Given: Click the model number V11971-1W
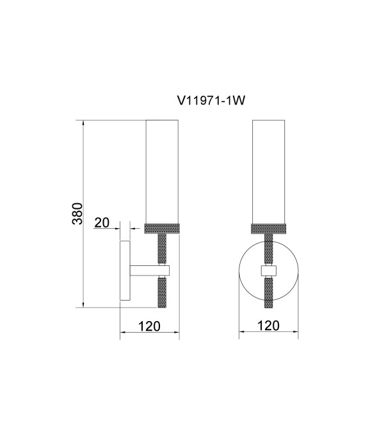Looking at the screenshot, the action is coord(211,101).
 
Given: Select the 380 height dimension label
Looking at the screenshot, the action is coord(77,213).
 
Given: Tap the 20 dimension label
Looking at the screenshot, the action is coord(102,222).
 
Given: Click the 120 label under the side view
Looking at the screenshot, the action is coord(149,326).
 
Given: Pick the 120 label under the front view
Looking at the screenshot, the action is coord(268,326).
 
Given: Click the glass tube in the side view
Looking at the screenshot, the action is coord(162,172).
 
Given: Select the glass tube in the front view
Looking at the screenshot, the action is coord(268,172).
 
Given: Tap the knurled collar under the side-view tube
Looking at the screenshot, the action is coord(162,229).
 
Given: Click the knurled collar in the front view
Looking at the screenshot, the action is coord(268,229).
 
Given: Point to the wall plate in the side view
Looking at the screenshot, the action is coord(125,270).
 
